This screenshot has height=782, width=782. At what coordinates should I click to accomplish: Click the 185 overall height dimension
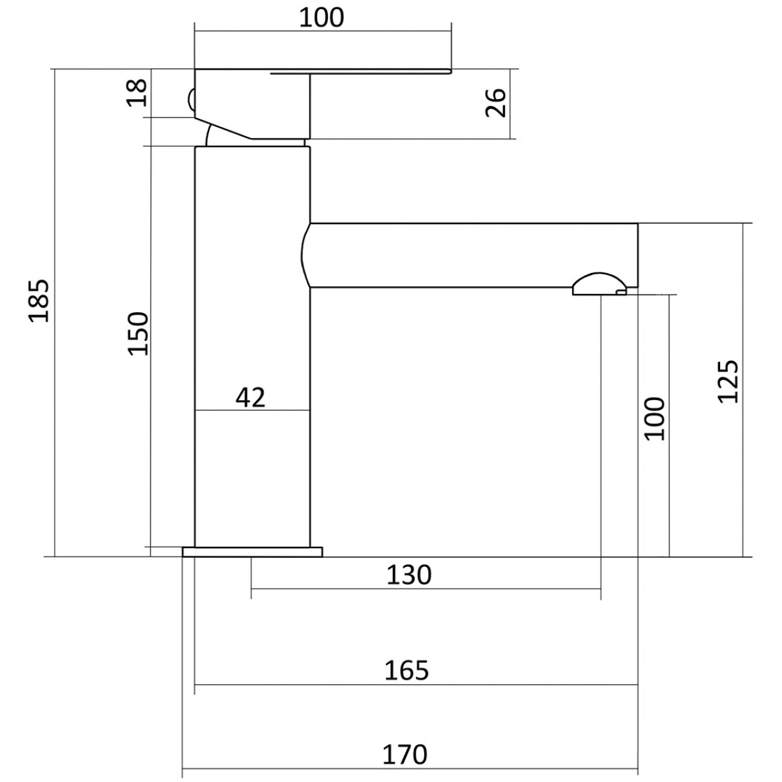tap(39, 300)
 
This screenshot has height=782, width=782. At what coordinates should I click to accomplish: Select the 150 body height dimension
tap(139, 333)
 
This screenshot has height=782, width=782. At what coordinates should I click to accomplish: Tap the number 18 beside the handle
tap(137, 93)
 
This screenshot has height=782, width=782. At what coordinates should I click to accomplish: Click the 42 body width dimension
tap(250, 398)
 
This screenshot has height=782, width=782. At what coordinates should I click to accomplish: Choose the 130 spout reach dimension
tap(409, 575)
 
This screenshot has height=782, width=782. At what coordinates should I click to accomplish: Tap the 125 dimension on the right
tap(729, 381)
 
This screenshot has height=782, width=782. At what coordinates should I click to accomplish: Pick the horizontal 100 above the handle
tap(321, 18)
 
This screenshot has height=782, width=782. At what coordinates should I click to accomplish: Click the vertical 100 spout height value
tap(654, 418)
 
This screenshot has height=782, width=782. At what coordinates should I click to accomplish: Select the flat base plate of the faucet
tap(252, 552)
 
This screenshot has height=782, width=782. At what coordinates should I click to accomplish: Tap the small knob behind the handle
tap(192, 98)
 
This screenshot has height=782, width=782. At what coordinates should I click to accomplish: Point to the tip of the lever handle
tap(450, 72)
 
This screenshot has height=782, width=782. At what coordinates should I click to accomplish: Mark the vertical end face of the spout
tap(637, 255)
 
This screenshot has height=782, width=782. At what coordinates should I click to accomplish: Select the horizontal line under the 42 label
tap(252, 411)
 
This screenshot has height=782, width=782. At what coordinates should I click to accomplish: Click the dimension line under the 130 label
tap(426, 588)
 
